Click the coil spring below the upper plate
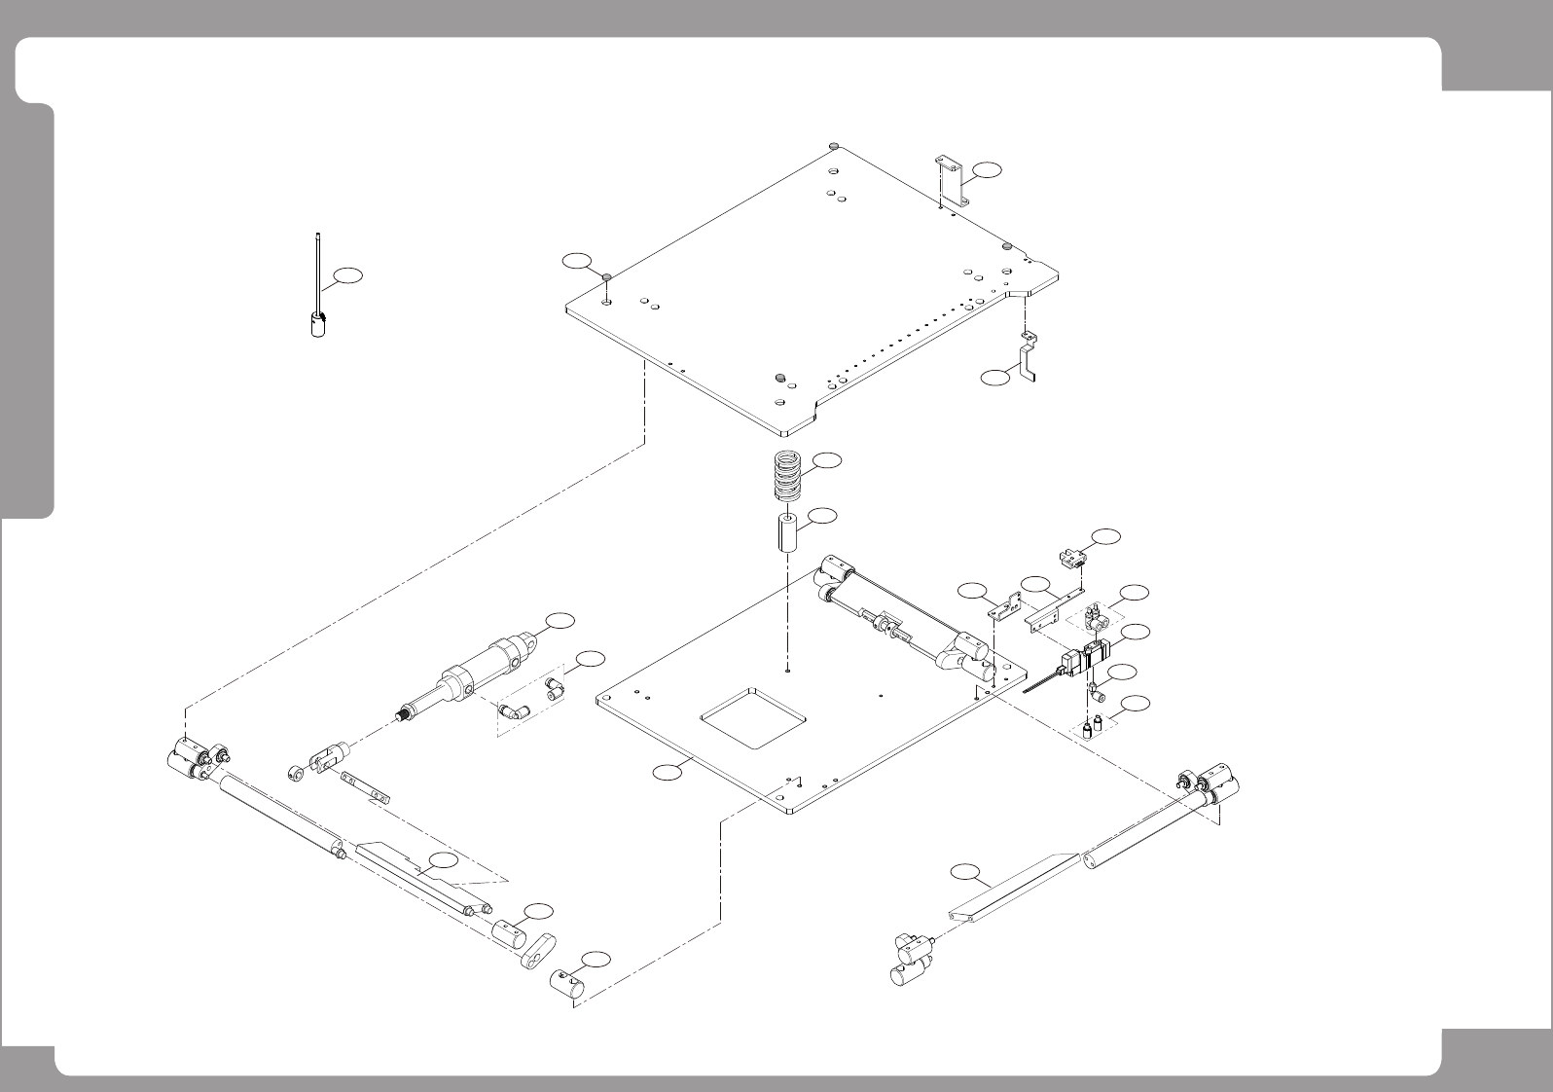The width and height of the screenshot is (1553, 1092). click(794, 476)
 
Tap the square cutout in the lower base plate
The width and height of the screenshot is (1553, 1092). click(755, 716)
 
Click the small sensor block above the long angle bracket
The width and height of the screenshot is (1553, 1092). click(1070, 559)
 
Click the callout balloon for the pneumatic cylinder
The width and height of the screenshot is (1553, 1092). click(559, 620)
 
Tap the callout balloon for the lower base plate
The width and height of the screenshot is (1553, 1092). click(667, 773)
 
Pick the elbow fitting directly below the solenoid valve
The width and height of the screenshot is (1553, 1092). click(1097, 693)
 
